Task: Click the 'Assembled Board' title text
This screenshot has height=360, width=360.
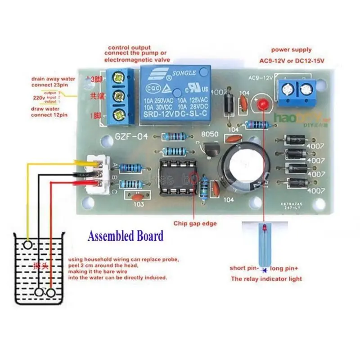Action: pyautogui.click(x=126, y=236)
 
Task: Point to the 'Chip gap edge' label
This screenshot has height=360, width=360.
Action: pyautogui.click(x=195, y=223)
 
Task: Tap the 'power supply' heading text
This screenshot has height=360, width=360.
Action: pyautogui.click(x=291, y=49)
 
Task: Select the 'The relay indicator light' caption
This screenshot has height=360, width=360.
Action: pyautogui.click(x=266, y=279)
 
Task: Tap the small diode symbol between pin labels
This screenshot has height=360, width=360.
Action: pyautogui.click(x=263, y=269)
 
